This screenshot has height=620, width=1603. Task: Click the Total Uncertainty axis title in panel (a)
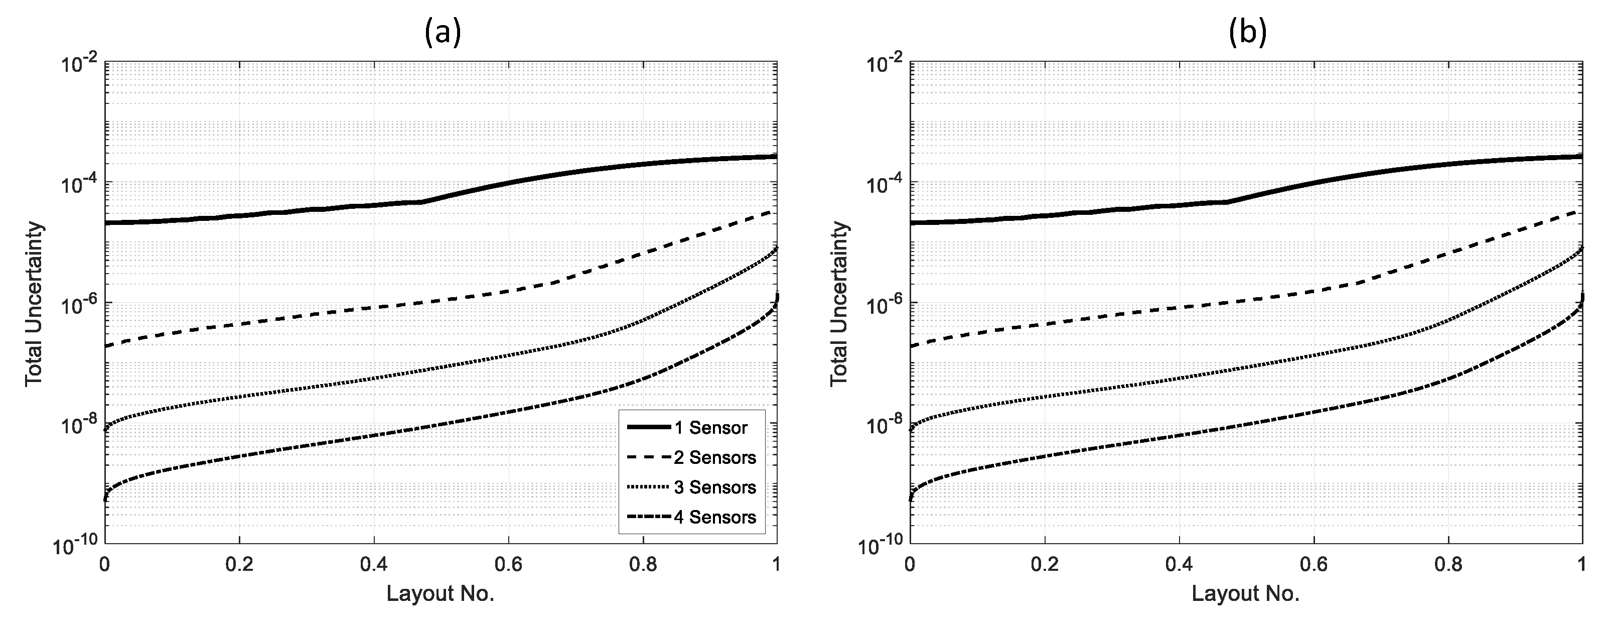[34, 303]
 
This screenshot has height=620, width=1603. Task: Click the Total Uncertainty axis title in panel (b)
[839, 303]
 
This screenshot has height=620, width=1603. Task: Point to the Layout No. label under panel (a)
[440, 593]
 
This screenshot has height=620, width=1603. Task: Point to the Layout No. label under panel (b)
[1245, 593]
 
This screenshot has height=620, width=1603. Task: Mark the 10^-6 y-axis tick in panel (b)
[882, 305]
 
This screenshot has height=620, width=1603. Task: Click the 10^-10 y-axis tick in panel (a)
[75, 547]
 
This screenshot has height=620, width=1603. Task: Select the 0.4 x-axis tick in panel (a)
[373, 565]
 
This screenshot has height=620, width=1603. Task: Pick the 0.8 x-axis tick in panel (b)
[1448, 565]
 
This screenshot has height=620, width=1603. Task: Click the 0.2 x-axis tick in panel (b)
[1044, 565]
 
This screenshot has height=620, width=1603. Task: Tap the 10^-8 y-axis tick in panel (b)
[882, 426]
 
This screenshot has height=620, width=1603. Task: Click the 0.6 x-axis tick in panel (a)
[508, 565]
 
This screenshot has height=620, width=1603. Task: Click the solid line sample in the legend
[649, 428]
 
